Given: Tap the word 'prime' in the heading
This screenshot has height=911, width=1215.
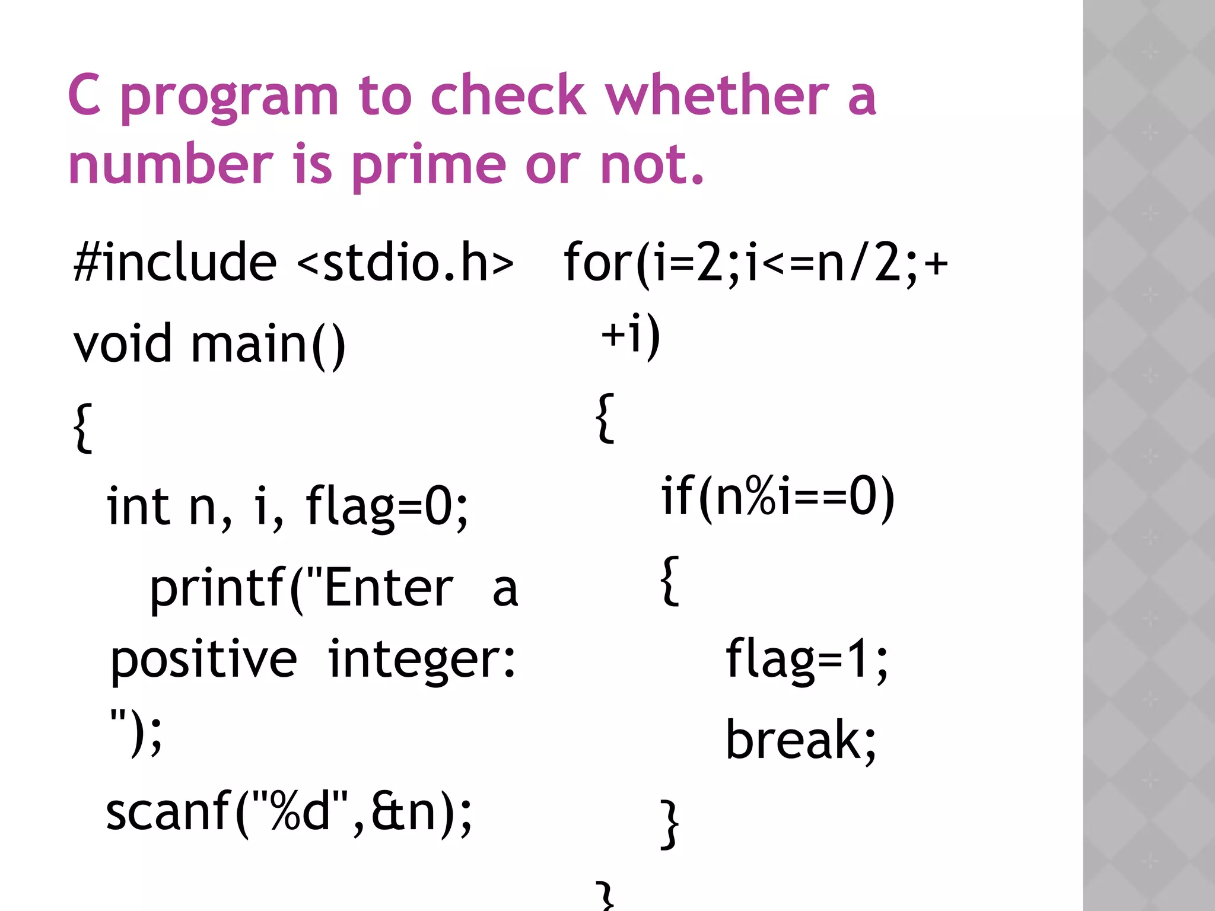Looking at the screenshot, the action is coord(428,166).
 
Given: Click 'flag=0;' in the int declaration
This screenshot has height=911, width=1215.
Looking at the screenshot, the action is coord(387,507).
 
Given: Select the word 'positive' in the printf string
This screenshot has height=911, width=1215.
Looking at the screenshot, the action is coord(203,661).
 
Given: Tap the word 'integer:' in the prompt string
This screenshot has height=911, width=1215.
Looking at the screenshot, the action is coord(422,661).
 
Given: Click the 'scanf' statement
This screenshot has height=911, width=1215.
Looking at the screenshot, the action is coord(289,812).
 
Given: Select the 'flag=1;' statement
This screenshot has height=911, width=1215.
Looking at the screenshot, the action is coord(807,659).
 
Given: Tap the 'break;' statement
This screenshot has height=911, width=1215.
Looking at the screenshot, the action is coord(801,740).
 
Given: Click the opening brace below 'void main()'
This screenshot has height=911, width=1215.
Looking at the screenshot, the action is coord(84,427).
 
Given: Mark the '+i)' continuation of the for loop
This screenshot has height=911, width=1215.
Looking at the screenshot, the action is coord(630,335).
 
